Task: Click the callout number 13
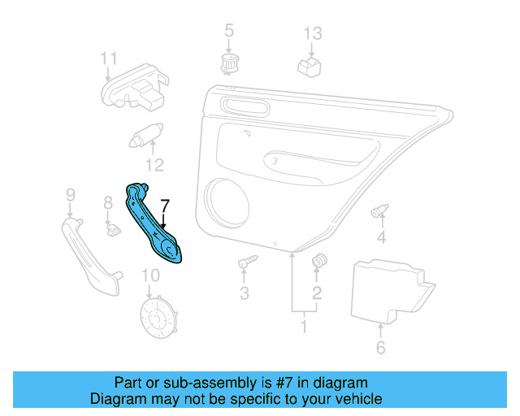pyautogui.click(x=313, y=33)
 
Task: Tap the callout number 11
pyautogui.click(x=109, y=58)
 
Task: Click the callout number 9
pyautogui.click(x=70, y=195)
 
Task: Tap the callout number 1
pyautogui.click(x=304, y=327)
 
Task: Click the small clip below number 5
pyautogui.click(x=229, y=63)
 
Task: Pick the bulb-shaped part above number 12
pyautogui.click(x=147, y=135)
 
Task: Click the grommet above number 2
pyautogui.click(x=318, y=261)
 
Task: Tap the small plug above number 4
pyautogui.click(x=379, y=212)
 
